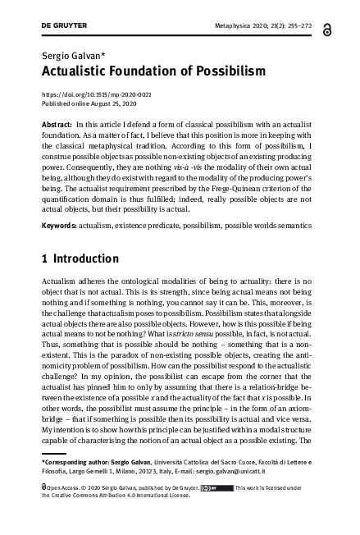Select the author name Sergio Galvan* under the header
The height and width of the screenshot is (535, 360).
coord(67,54)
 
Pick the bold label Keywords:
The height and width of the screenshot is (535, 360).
coord(61,223)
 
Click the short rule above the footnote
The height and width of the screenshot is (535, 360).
coord(63,454)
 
